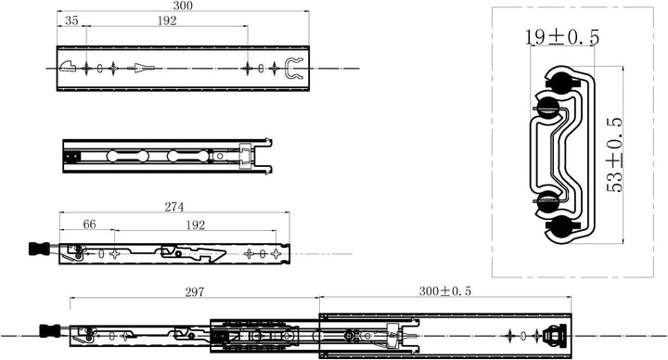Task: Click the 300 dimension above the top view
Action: [183, 6]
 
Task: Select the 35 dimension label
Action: [71, 19]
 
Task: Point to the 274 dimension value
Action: [174, 207]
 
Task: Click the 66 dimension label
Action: [89, 224]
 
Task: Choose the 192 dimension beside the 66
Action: [194, 224]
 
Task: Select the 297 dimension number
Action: [194, 292]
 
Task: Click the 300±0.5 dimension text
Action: [444, 291]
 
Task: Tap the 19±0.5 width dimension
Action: [561, 37]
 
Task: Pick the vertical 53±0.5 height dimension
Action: [614, 154]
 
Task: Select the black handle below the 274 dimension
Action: [38, 249]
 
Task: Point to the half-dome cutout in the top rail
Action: [68, 67]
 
